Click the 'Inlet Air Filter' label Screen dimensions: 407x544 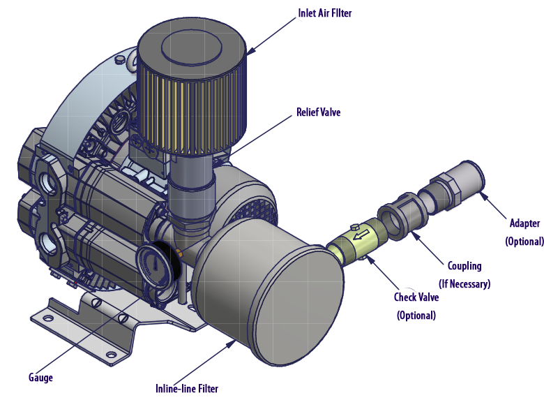[322, 13]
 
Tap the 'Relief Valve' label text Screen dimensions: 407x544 [319, 112]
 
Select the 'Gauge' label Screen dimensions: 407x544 [40, 378]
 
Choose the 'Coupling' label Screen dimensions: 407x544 [464, 266]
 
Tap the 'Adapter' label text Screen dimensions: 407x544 [524, 224]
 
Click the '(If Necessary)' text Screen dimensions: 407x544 [464, 284]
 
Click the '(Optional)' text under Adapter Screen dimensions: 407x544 [524, 242]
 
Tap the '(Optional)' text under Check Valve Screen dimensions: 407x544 [416, 316]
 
